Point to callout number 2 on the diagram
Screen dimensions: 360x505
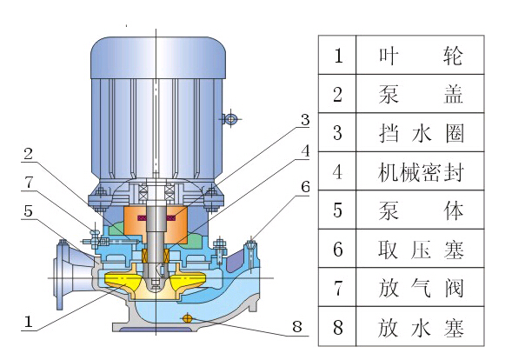[x=29, y=155]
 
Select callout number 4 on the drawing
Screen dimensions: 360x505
[x=303, y=150]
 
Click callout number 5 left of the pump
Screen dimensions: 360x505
[x=29, y=210]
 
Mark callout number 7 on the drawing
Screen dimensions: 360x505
[x=29, y=183]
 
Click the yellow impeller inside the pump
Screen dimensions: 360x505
[x=130, y=281]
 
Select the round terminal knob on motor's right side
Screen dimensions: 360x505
[x=230, y=118]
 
